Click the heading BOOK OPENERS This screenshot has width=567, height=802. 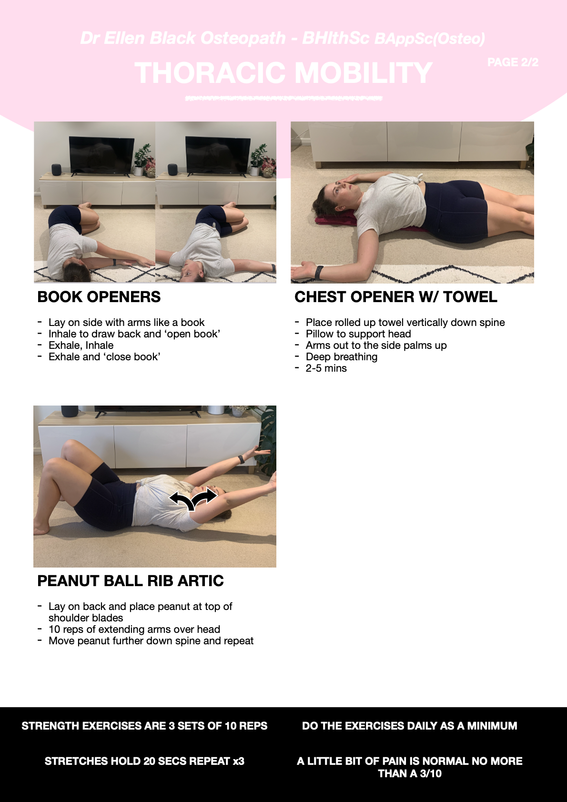coord(99,297)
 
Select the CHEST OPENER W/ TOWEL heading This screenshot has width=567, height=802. coord(395,297)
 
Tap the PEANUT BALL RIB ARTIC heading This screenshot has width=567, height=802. coord(131,581)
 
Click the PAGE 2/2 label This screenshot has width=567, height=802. coord(513,62)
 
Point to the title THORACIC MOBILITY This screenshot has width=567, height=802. coord(283,73)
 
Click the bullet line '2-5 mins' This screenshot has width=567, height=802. coord(326,368)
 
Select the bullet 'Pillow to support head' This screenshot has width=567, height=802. coord(358,334)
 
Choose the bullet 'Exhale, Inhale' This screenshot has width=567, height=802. coord(81,345)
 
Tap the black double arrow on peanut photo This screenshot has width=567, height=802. coord(193,499)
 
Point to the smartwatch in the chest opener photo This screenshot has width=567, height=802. coord(319,273)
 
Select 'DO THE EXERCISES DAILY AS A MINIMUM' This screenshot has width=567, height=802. coord(409,726)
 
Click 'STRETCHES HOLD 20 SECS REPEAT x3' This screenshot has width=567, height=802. coord(144,761)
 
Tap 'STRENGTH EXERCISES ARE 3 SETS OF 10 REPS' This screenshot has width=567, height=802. coord(144,726)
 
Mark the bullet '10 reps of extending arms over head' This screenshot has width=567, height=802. coord(134,629)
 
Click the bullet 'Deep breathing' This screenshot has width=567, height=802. coord(342,357)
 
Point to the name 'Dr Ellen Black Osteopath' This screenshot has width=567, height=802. coord(183,38)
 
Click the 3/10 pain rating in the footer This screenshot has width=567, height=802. coord(431,773)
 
